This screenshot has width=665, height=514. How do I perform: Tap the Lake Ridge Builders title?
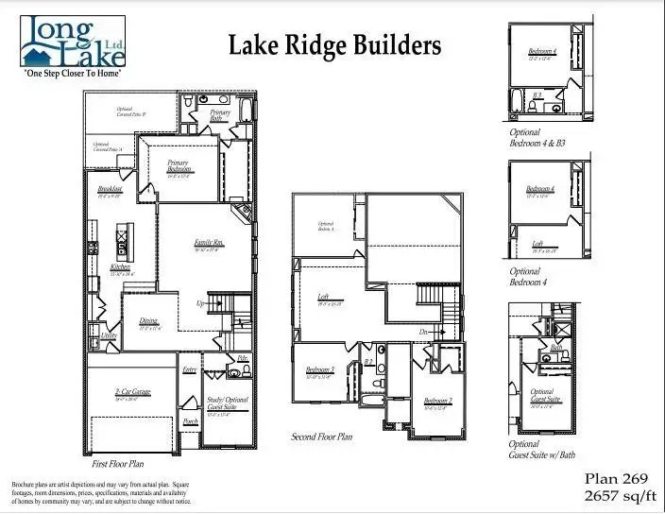(x=334, y=45)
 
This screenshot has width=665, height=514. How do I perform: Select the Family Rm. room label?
(x=208, y=243)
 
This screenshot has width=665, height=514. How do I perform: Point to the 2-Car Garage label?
(x=132, y=392)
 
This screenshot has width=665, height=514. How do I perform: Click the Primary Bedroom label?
(x=178, y=166)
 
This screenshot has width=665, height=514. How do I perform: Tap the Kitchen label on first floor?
(x=121, y=268)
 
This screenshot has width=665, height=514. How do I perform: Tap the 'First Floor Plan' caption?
(x=118, y=464)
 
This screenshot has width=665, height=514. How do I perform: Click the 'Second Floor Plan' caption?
(x=322, y=437)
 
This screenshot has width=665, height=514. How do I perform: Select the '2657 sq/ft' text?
(x=617, y=495)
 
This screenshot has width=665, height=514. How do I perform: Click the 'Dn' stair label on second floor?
(x=425, y=332)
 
